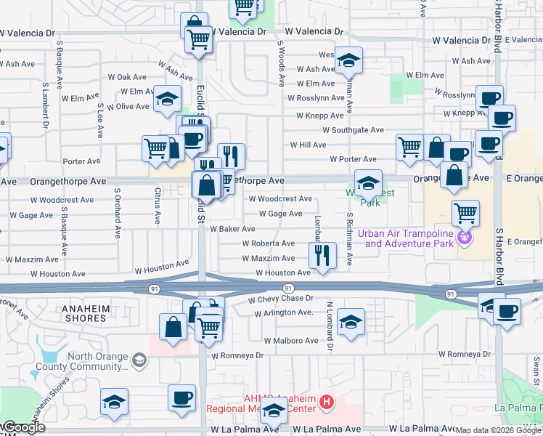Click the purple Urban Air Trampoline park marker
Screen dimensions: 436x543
coord(465,237)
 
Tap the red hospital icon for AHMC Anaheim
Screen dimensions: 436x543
coord(327,401)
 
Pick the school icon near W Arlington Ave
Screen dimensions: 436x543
coord(351,321)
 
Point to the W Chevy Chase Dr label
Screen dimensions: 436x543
coord(280,299)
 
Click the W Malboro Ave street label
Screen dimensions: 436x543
coord(291,340)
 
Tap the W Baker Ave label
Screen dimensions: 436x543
coord(232,228)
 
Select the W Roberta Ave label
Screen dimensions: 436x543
coord(268,243)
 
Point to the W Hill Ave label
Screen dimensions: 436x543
coord(308,145)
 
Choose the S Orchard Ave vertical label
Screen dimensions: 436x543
coord(117,214)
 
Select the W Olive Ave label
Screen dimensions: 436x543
coord(127,106)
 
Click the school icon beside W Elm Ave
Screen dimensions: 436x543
coord(167,98)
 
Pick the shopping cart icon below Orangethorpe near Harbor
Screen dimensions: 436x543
coord(465,213)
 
